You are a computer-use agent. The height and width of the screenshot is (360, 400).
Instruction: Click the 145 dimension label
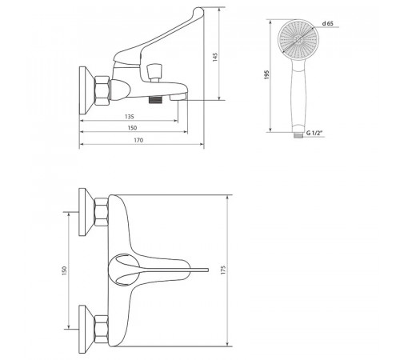tap(215, 57)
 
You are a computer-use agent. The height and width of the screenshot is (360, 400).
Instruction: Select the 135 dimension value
tap(130, 117)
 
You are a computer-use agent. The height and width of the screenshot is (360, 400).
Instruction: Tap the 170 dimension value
tap(138, 140)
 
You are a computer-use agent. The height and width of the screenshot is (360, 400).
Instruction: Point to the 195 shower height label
tap(266, 74)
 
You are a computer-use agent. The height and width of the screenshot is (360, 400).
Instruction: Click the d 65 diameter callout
tap(328, 23)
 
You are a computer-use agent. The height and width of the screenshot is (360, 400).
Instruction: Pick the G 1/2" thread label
tap(314, 133)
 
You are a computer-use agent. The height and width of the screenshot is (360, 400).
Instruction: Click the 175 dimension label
tap(223, 270)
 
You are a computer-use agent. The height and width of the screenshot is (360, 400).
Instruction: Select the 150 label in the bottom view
tap(64, 270)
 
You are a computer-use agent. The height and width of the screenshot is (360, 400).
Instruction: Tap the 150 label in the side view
tap(132, 128)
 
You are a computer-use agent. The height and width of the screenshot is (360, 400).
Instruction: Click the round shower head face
tap(298, 40)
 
